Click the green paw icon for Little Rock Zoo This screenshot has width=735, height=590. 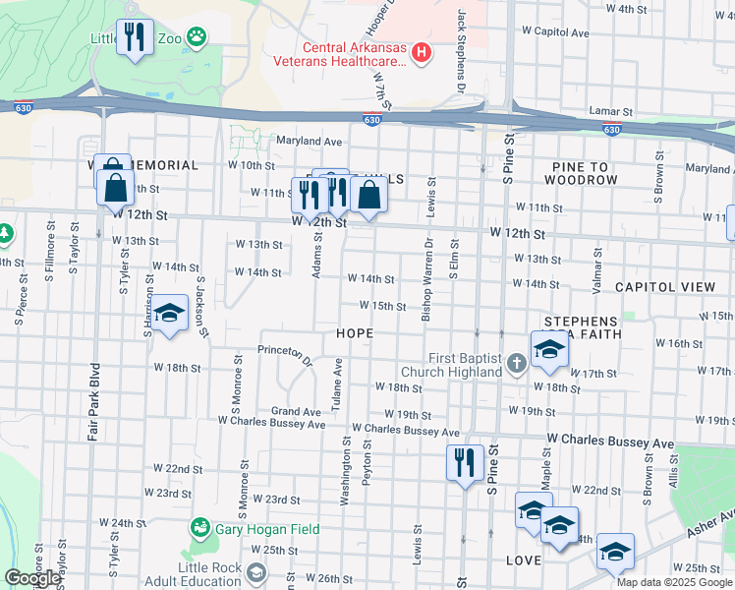coord(198,37)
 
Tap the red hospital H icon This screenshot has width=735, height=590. coord(422,52)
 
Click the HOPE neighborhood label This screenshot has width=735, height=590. coord(355,333)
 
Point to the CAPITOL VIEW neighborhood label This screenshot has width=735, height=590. coord(665,286)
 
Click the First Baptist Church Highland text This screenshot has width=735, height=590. coord(465,365)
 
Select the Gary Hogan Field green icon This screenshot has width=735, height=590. coord(201,528)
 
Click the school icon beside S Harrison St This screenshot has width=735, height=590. coord(170,315)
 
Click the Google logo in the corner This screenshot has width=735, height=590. coord(32,578)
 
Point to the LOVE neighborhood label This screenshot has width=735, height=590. coord(523,560)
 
